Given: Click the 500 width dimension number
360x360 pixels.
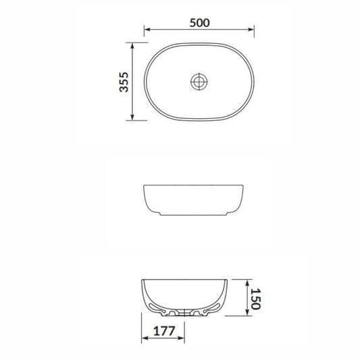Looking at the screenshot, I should (200, 21).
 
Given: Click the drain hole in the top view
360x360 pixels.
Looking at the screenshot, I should (199, 81).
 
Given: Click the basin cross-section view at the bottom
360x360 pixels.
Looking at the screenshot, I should (186, 297).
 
